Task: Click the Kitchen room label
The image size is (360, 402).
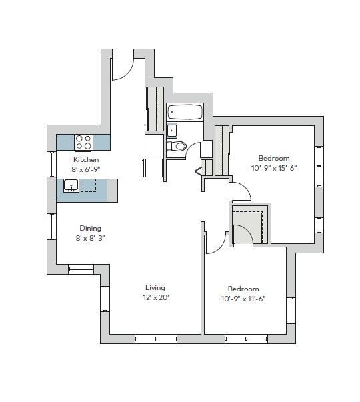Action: pos(86,160)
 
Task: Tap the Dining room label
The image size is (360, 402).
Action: pos(91,228)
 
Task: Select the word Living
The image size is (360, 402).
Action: pos(155,288)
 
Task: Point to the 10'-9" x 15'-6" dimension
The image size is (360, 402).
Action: pos(274,168)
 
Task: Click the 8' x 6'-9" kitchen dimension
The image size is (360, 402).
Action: pos(86,169)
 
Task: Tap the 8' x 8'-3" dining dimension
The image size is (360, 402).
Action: pos(91,237)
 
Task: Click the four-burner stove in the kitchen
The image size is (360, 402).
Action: pos(83,142)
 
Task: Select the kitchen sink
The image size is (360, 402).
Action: pos(71,185)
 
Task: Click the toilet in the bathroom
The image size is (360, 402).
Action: pos(177,147)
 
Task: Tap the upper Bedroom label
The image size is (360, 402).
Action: pos(274,159)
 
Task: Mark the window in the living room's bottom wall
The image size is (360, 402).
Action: pos(155,339)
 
